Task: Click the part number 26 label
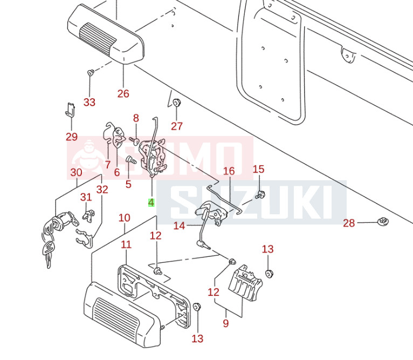[x=123, y=93]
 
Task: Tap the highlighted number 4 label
[x=151, y=202]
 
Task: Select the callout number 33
[x=89, y=102]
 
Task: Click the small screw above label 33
[x=91, y=72]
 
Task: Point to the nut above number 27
[x=177, y=103]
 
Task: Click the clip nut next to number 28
[x=383, y=221]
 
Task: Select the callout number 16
[x=229, y=171]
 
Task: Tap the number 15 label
[x=258, y=169]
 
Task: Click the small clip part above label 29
[x=70, y=109]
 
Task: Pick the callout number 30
[x=76, y=173]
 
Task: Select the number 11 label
[x=126, y=244]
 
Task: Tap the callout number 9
[x=225, y=323]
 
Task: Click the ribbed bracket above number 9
[x=245, y=283]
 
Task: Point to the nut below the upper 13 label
[x=269, y=272]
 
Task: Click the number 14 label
[x=179, y=226]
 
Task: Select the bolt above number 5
[x=130, y=159]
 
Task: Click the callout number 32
[x=102, y=189]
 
